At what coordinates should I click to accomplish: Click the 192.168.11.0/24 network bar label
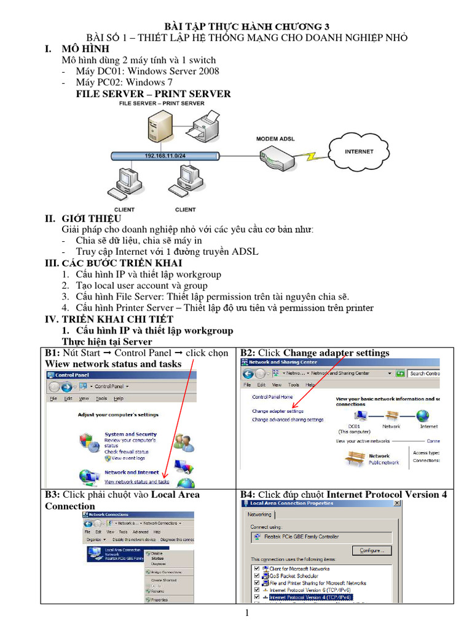click(165, 156)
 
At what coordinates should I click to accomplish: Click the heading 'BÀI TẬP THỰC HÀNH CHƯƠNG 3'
click(246, 26)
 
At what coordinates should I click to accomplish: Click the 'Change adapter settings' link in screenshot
click(277, 411)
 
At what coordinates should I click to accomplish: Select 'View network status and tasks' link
click(136, 482)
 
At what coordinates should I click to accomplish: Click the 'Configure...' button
click(372, 551)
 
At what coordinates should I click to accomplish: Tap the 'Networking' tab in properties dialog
click(259, 514)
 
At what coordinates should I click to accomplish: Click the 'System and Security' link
click(130, 434)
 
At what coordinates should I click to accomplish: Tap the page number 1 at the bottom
click(246, 613)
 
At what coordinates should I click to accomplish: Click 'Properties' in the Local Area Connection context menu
click(159, 599)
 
